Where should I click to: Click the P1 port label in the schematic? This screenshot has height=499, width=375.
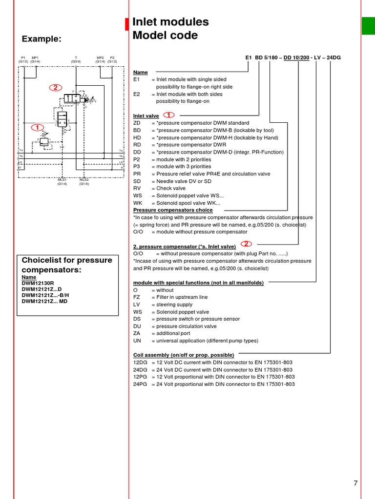(23, 58)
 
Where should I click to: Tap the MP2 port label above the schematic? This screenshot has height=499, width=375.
(100, 58)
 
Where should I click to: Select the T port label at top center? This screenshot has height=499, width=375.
(76, 58)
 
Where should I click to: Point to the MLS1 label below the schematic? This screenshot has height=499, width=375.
(62, 180)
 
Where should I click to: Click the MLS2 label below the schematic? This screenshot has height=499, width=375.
(84, 180)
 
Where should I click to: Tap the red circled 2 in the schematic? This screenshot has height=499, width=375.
(55, 88)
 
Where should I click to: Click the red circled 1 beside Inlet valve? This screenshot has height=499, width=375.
(168, 115)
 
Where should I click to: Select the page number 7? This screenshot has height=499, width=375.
(355, 483)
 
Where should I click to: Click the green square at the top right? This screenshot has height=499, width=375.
(368, 26)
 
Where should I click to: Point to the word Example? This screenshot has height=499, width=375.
(42, 39)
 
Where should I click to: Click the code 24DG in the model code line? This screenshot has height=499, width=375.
(333, 58)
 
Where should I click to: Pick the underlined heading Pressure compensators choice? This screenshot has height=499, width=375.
(173, 210)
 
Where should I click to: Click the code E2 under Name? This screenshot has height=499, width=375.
(137, 94)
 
